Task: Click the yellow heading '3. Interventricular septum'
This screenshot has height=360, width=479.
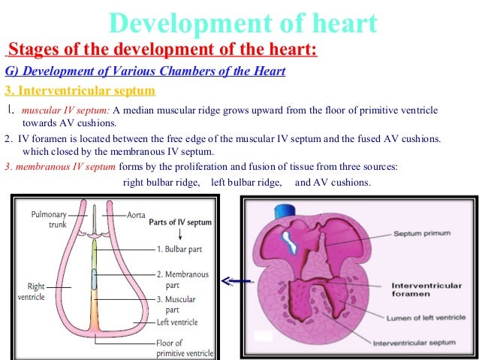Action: pos(80,91)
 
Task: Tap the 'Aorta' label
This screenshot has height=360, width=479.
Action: pos(136,214)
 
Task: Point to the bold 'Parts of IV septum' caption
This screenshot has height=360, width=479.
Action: pos(180,222)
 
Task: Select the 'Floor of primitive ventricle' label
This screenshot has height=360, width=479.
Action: pos(185,347)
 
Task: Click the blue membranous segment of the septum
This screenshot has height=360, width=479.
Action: pos(95,279)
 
